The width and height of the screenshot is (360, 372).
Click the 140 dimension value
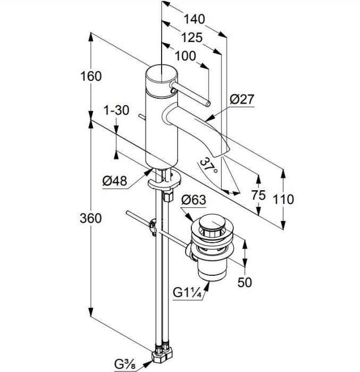tap(194, 19)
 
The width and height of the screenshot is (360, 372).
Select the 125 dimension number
tap(192, 38)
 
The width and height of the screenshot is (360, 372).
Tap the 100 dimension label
tap(185, 56)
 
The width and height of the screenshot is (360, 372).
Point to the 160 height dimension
tap(91, 77)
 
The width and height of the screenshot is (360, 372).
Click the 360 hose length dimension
tap(91, 218)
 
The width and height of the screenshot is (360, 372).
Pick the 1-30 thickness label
tap(117, 111)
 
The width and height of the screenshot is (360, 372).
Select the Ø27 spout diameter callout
tap(242, 99)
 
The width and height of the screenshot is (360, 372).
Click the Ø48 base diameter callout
tap(115, 181)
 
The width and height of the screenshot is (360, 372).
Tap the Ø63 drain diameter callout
tap(194, 200)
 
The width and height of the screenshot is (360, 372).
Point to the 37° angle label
tap(208, 166)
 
